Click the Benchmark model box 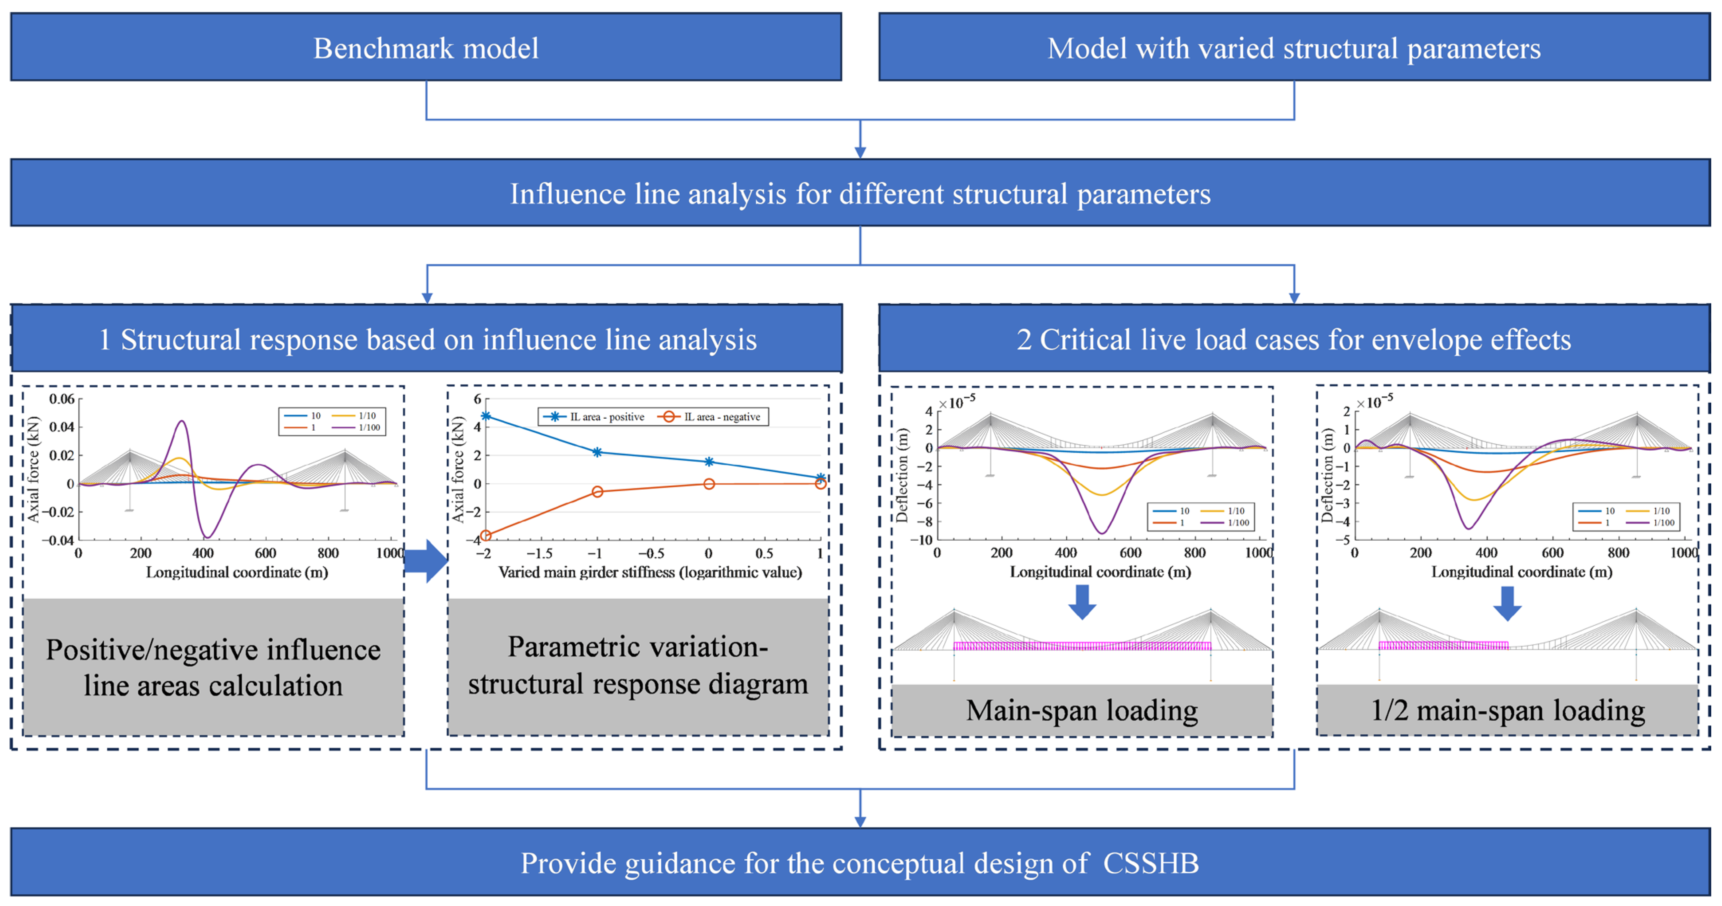[426, 48]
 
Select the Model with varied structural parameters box [1293, 48]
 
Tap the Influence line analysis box [860, 194]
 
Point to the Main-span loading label [1081, 711]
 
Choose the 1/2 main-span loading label [1508, 711]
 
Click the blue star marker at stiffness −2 [486, 416]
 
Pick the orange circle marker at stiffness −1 [598, 491]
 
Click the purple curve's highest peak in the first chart [182, 421]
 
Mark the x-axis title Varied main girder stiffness [650, 572]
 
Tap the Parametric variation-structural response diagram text [638, 665]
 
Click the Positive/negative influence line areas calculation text [213, 667]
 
